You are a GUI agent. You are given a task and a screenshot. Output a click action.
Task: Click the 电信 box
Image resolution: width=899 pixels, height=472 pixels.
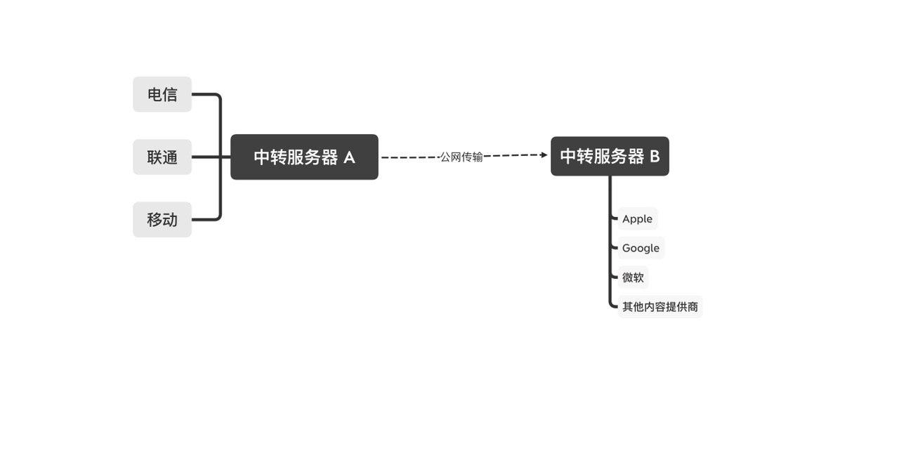[162, 94]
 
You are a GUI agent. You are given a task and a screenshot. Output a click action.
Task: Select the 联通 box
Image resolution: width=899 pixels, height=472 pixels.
[162, 157]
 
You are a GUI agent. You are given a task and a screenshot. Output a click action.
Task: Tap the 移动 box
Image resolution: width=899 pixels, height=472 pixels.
[162, 220]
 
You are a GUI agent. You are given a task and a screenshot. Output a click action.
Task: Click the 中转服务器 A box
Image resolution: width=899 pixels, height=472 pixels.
[304, 157]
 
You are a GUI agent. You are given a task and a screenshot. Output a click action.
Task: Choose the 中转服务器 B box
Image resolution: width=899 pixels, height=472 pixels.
[610, 156]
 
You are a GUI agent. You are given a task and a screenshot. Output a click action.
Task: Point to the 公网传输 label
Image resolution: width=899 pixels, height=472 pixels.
[461, 157]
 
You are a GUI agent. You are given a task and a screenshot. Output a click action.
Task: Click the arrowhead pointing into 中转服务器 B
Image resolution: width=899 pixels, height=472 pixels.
[544, 155]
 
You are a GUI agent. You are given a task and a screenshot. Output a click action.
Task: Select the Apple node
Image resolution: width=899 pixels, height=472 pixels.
[637, 218]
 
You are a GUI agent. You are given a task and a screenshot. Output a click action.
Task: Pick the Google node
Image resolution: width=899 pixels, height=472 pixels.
[641, 248]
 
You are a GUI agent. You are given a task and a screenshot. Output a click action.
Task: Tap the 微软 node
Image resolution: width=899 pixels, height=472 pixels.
[633, 277]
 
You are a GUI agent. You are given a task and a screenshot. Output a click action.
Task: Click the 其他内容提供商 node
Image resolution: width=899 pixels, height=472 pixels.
[660, 307]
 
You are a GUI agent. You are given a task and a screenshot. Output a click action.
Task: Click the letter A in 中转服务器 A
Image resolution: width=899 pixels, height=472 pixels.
[349, 157]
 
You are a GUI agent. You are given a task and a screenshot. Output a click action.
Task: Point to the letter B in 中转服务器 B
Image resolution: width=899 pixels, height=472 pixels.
[655, 156]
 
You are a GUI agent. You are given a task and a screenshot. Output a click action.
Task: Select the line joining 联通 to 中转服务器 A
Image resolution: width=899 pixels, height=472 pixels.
[211, 157]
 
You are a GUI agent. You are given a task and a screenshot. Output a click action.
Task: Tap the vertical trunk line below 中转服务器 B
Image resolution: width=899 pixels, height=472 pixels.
[610, 241]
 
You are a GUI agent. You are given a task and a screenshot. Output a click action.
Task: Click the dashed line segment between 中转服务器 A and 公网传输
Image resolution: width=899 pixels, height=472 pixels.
[411, 157]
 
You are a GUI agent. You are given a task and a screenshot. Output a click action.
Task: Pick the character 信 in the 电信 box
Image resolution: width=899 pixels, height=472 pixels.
[170, 95]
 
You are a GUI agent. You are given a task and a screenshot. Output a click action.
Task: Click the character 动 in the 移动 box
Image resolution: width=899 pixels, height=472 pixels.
[170, 220]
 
